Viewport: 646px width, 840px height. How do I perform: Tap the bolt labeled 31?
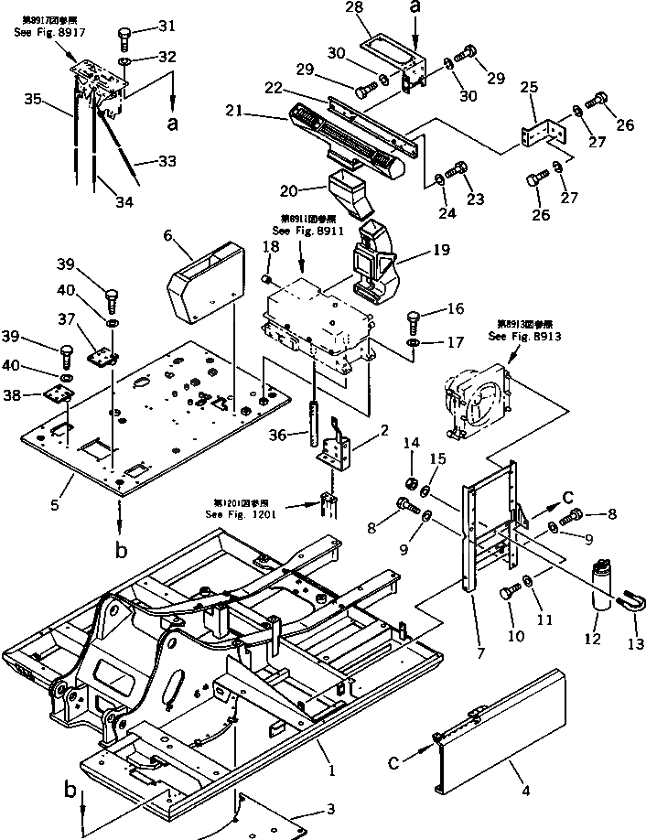tap(124, 37)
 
